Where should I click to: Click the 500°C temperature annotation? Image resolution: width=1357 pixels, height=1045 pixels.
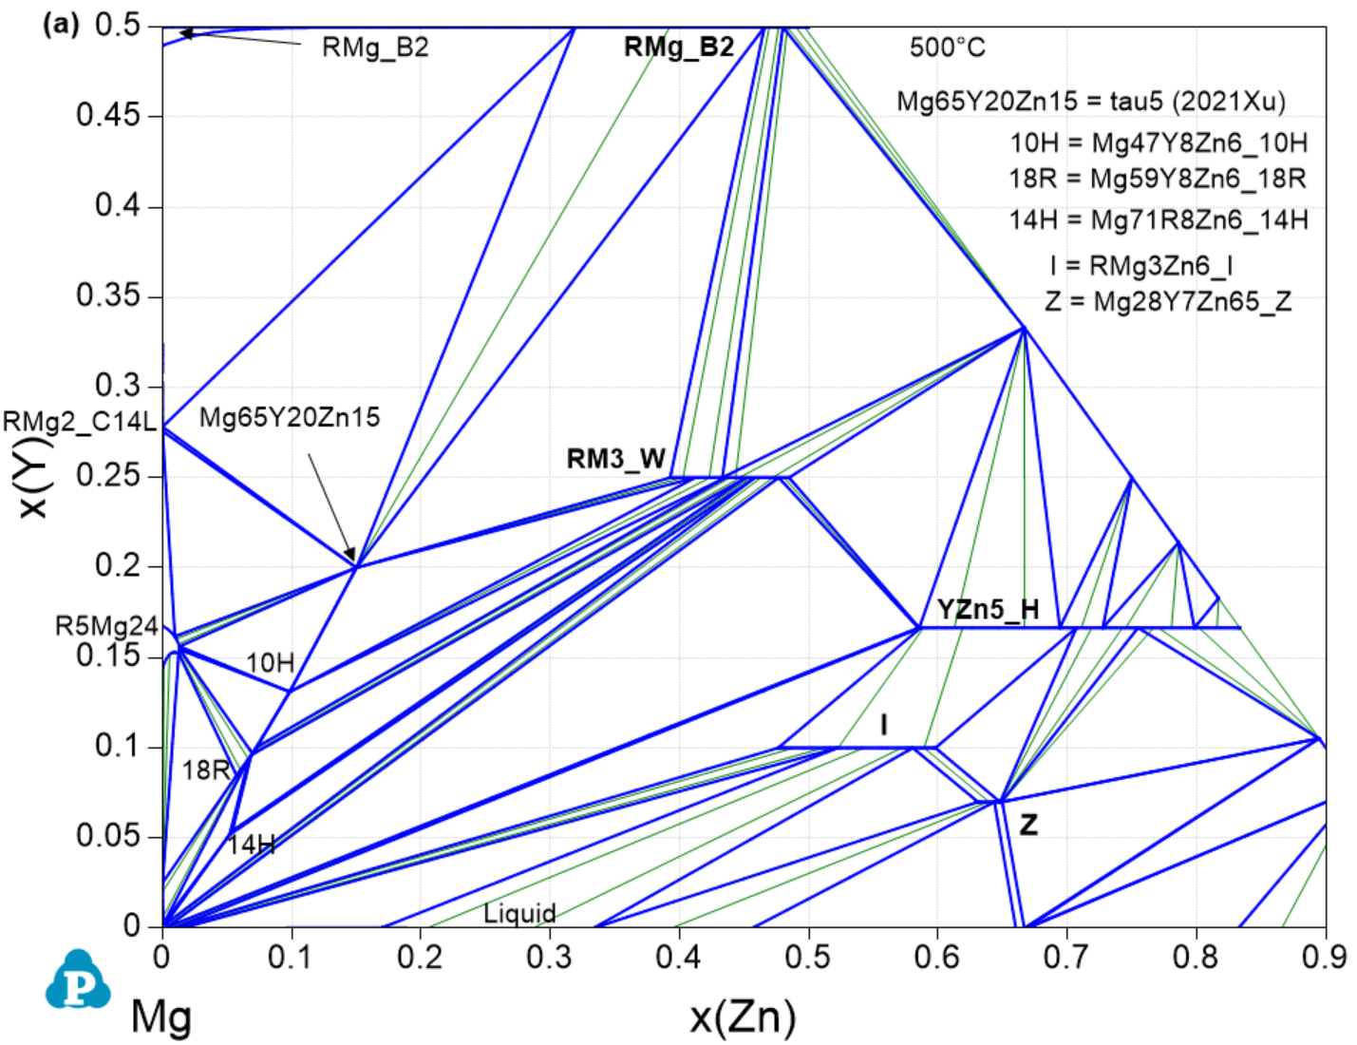click(x=947, y=47)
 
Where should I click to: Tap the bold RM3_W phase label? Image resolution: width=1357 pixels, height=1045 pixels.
click(x=615, y=460)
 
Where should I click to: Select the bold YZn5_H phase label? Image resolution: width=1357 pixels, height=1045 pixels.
click(x=988, y=610)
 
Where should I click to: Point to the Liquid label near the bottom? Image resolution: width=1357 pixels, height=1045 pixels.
click(x=519, y=914)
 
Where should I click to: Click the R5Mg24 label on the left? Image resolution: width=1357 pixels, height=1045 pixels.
click(x=106, y=626)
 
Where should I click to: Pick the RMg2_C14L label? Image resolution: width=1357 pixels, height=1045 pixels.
click(x=79, y=422)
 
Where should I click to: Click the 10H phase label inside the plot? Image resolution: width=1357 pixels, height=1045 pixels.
click(x=271, y=663)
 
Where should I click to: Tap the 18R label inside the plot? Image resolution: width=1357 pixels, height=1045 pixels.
click(x=206, y=770)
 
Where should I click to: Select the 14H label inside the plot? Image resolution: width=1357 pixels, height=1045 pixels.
click(x=252, y=844)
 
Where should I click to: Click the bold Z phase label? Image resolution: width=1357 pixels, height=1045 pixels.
click(x=1028, y=826)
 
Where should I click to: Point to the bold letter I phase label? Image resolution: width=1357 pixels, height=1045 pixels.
click(x=884, y=726)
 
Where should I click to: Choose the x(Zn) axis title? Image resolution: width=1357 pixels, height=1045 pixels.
click(x=743, y=1017)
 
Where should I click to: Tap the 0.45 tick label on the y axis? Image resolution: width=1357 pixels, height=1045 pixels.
click(x=108, y=116)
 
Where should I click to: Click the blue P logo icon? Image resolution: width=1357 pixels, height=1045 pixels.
click(x=77, y=979)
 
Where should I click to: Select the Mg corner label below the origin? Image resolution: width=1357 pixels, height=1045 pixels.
click(x=160, y=1017)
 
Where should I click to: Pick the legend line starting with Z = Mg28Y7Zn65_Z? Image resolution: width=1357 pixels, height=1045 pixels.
click(x=1168, y=302)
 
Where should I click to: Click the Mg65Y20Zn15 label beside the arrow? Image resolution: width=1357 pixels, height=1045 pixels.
click(x=290, y=418)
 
